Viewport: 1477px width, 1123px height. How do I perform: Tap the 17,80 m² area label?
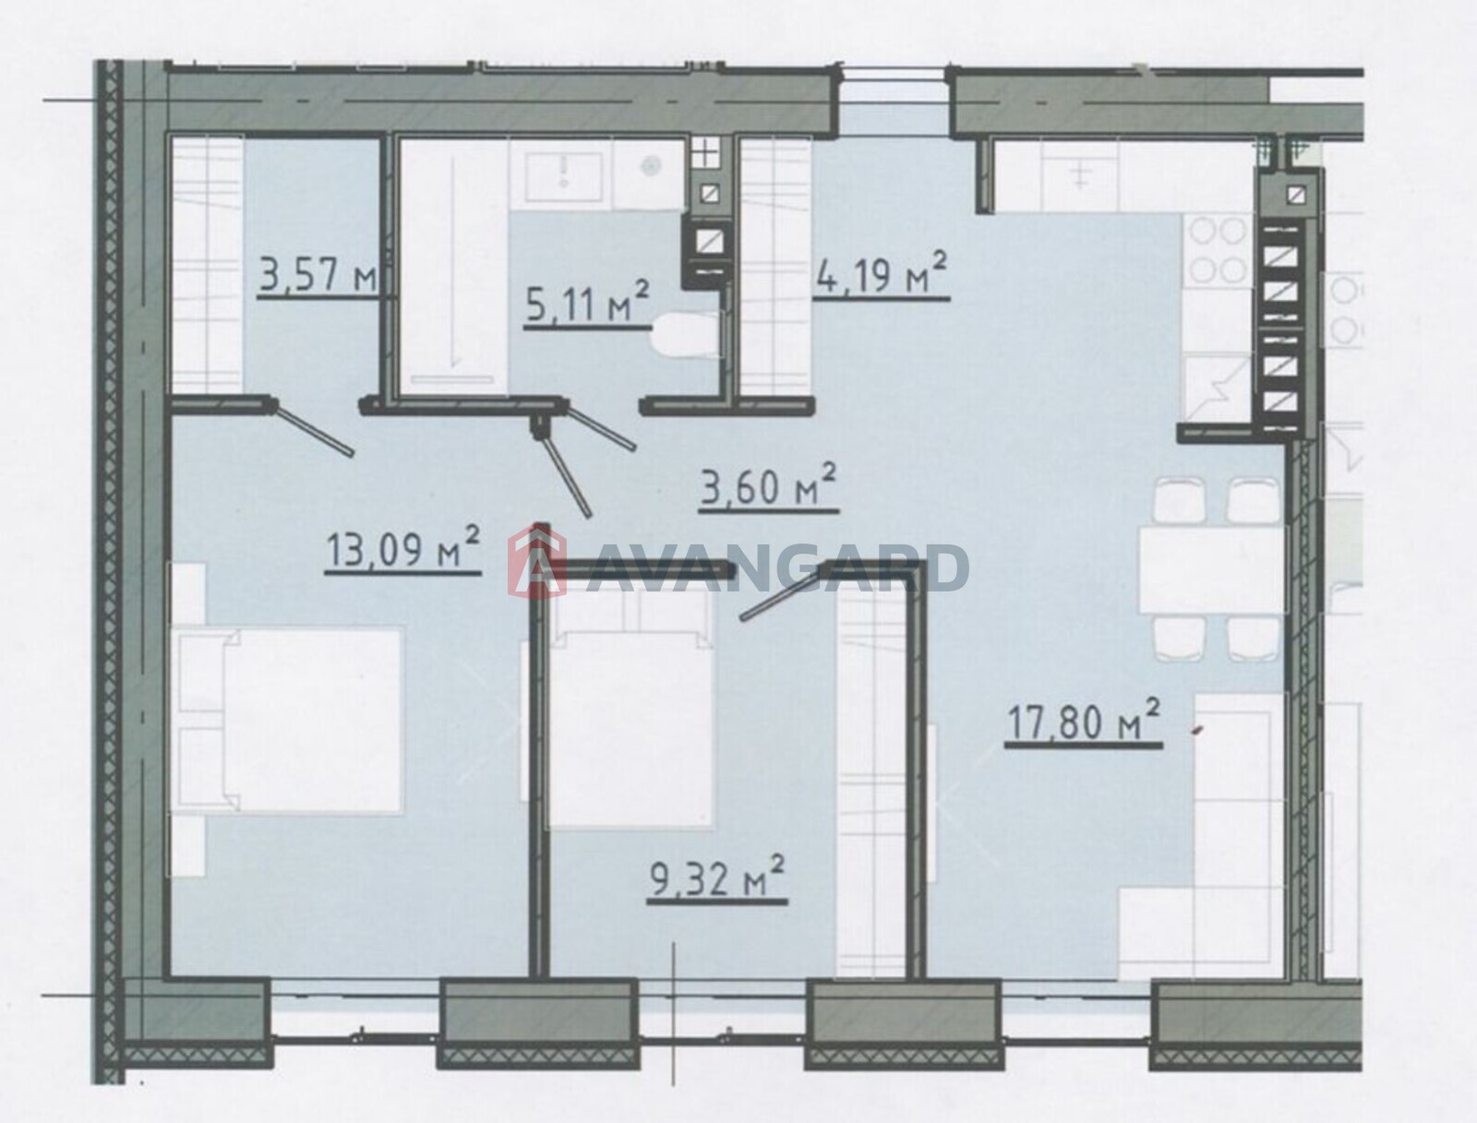(1084, 720)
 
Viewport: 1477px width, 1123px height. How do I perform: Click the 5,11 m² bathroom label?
(587, 303)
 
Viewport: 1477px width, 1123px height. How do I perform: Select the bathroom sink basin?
(563, 177)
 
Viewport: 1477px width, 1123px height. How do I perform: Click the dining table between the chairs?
(1210, 569)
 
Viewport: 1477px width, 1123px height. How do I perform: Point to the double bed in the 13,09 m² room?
(289, 720)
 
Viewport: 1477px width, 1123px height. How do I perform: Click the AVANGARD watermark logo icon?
(536, 559)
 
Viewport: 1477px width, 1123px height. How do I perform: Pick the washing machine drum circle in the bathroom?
(649, 165)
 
